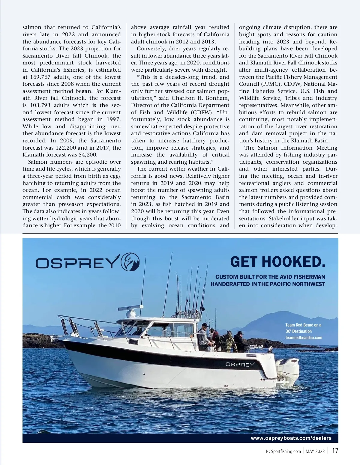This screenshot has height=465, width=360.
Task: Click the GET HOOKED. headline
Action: click(277, 262)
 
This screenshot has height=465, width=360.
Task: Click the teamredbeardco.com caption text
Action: click(304, 338)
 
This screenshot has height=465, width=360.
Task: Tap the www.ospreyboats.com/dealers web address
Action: click(291, 438)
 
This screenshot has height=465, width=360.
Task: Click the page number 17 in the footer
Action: click(335, 451)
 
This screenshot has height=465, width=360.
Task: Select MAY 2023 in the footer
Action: click(315, 452)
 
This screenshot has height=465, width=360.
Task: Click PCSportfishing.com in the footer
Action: click(283, 452)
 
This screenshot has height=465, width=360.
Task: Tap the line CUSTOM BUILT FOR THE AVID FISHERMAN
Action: click(270, 277)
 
